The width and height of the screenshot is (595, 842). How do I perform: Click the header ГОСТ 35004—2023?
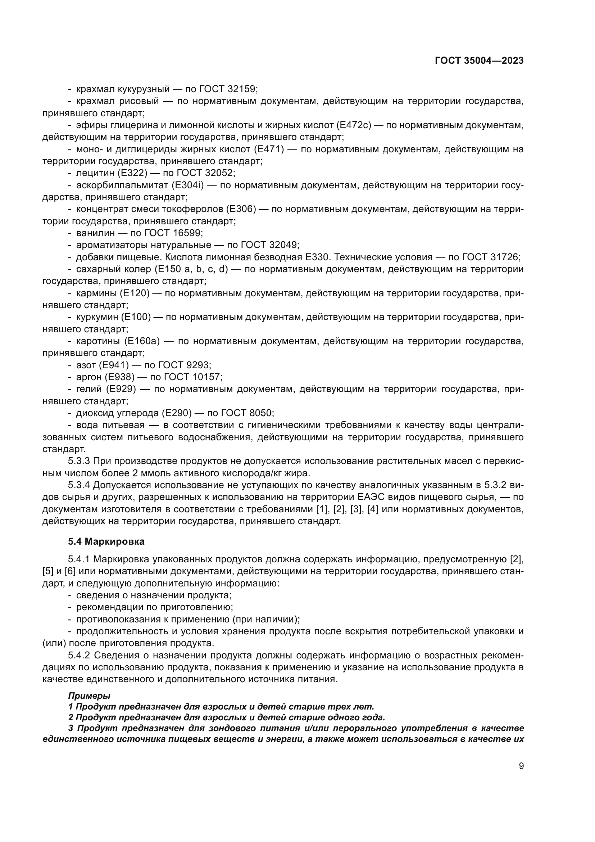pos(479,61)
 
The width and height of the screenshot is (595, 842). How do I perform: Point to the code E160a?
pos(141,341)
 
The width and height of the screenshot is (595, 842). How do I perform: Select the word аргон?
pos(86,377)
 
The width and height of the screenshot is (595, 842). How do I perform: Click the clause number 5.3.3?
pos(79,461)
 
